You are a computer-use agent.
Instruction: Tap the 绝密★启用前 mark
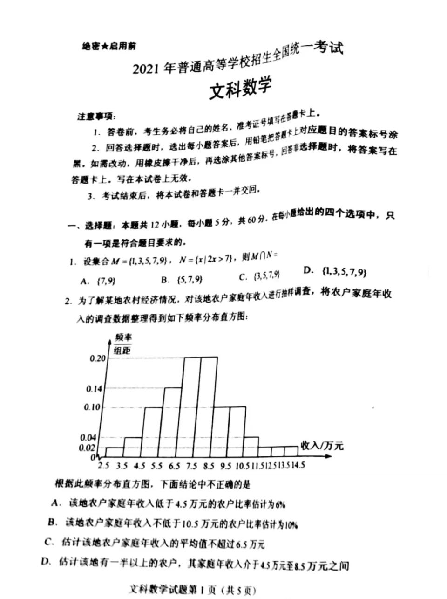[109, 46]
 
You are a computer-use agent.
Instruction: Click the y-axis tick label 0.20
[98, 358]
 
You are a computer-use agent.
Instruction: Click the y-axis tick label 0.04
[88, 437]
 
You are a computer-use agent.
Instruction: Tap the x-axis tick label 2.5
[103, 465]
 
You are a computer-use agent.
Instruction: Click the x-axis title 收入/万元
[322, 445]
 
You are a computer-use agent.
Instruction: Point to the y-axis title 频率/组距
[122, 344]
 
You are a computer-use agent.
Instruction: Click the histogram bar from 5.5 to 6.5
[173, 422]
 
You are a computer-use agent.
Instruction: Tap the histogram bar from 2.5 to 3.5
[115, 452]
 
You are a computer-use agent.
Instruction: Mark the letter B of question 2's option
[52, 522]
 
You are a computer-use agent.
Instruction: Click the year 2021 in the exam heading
[146, 69]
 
